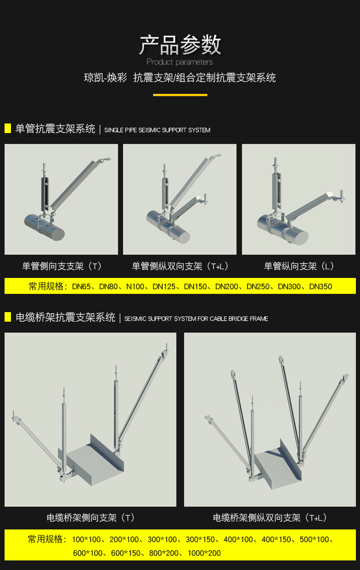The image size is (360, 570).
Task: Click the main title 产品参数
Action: point(180,45)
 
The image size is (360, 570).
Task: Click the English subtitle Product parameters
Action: point(180,62)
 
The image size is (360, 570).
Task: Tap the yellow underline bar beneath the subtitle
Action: point(180,95)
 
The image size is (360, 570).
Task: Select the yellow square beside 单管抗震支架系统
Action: point(8,128)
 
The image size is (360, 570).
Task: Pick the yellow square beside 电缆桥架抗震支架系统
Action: point(8,317)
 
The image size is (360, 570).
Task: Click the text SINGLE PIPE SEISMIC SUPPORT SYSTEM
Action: point(157,130)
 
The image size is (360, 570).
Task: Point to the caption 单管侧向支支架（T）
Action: point(62,266)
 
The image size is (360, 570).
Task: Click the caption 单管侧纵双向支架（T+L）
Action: point(180,266)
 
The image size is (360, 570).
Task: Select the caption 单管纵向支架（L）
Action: point(299,266)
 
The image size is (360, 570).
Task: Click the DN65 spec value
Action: point(82,287)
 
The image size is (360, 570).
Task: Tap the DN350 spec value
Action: point(320,287)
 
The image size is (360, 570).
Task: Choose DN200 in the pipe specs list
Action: point(226,287)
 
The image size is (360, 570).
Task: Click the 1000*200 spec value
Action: point(204,553)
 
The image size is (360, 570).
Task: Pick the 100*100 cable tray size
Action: point(86,539)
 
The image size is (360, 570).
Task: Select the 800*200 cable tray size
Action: point(164,553)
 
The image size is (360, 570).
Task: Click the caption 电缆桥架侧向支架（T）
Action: point(91,518)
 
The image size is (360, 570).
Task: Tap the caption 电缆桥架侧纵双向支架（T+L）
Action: point(270,518)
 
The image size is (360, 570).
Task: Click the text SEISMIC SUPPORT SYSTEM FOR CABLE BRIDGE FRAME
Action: point(196,318)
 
